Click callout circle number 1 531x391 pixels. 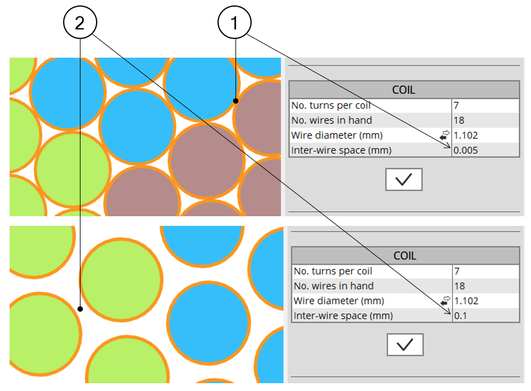tap(235, 23)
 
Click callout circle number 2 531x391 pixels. tap(80, 23)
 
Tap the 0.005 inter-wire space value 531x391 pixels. tap(466, 150)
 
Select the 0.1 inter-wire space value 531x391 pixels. tap(461, 315)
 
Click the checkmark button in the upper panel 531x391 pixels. tap(404, 180)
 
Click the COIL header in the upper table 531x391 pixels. tap(404, 90)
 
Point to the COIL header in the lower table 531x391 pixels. tap(405, 255)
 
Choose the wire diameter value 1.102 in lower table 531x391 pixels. tap(467, 300)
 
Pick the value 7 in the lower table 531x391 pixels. tap(458, 271)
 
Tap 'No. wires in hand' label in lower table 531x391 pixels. tap(333, 286)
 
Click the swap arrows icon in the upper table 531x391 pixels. tap(445, 135)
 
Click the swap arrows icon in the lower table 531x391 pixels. tap(446, 300)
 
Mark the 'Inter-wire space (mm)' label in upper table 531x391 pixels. tap(341, 150)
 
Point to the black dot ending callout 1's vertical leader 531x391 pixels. tap(236, 102)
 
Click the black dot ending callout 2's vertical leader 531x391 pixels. tap(80, 309)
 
